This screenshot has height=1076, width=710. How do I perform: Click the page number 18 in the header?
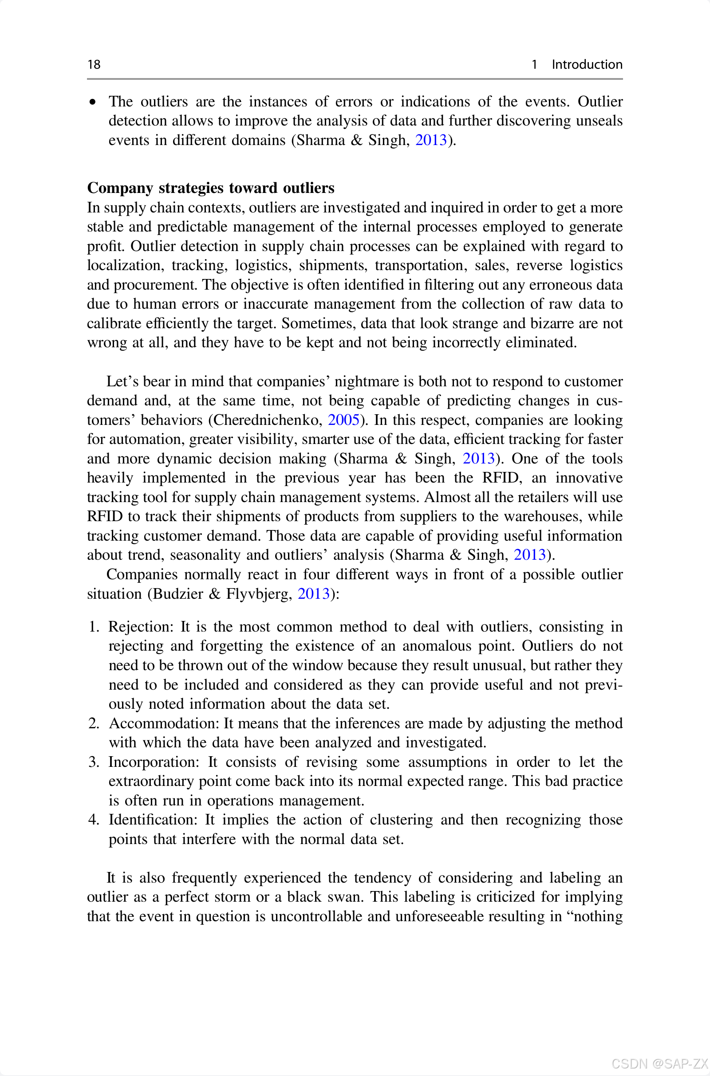coord(94,64)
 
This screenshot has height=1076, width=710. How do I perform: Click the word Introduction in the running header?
coord(586,64)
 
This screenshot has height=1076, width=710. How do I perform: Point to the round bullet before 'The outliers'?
coord(93,102)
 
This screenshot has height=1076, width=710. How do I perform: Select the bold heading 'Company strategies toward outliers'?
coord(210,188)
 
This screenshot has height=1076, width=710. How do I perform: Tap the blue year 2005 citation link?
coord(343,420)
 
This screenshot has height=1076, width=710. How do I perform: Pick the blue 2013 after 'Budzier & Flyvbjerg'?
coord(313,593)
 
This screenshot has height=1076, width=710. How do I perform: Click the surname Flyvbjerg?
coord(259,593)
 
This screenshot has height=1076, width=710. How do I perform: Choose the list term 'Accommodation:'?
coord(164,723)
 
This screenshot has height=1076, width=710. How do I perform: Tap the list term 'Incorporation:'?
coord(154,762)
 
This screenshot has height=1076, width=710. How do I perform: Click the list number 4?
coord(93,820)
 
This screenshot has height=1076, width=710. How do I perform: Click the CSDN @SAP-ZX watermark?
coord(659,1063)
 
